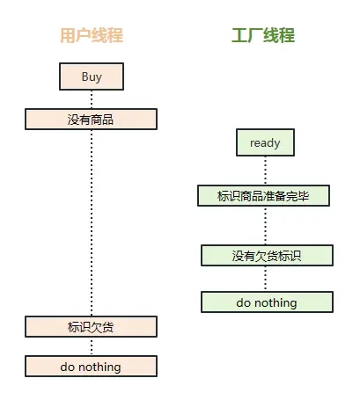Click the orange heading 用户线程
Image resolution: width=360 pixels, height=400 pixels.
coord(92,35)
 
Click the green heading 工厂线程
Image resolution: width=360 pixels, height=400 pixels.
coord(263,35)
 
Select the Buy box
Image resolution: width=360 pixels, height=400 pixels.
coord(92,76)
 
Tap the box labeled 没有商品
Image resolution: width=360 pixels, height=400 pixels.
coord(92,120)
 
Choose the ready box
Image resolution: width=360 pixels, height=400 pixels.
coord(265,142)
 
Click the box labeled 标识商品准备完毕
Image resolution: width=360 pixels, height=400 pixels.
coord(263,196)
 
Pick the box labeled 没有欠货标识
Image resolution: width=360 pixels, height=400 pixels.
coord(267,256)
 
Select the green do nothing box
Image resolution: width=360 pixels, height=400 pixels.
coord(267,302)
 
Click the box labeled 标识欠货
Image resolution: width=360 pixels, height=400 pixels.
coord(92,327)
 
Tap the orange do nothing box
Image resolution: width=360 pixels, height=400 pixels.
coord(92,367)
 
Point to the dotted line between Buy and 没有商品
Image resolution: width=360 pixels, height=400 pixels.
coord(92,99)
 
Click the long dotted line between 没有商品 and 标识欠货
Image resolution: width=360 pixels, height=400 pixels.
coord(92,222)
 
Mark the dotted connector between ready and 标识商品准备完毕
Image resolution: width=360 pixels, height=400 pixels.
coord(266,171)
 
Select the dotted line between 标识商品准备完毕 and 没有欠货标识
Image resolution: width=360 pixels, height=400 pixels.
coord(266,226)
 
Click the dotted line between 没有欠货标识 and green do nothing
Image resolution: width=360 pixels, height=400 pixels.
coord(266,279)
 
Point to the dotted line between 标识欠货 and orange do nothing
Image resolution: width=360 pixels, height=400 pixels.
coord(92,346)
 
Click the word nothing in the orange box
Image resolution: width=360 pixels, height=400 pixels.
coord(99,367)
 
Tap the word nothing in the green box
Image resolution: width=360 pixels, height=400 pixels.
coord(276,303)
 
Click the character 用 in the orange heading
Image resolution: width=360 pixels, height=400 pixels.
coord(68,35)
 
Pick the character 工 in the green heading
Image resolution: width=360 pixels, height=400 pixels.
coord(239,35)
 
